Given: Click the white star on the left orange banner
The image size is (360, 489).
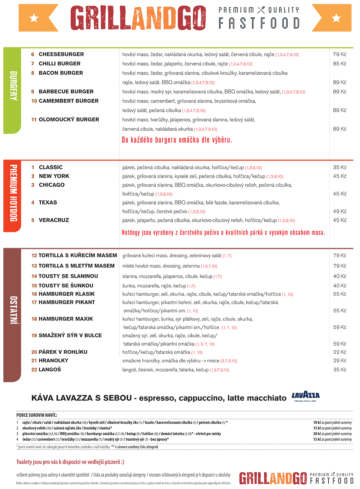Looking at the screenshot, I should [34, 18].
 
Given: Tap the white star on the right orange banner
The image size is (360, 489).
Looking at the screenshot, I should [336, 18].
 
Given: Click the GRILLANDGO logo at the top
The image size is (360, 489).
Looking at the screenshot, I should [138, 18].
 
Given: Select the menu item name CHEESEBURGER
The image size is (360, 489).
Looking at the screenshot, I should [61, 54].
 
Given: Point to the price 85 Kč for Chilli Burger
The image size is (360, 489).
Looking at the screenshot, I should [340, 64].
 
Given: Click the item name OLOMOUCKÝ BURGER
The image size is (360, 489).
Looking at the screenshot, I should [69, 120].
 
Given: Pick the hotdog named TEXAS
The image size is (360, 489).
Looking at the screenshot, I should [48, 203].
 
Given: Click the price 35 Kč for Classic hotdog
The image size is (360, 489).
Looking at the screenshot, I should [340, 168].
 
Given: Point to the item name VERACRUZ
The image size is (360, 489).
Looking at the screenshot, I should [54, 220].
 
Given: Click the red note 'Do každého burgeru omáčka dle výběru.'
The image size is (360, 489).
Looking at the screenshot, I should [177, 140].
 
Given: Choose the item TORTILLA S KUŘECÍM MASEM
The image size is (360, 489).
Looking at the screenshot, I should [78, 255].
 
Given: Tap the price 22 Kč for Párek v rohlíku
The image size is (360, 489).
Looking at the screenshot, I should [340, 352].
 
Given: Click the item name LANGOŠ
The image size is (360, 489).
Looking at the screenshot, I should [50, 370].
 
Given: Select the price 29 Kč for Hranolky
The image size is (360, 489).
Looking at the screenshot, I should [340, 361].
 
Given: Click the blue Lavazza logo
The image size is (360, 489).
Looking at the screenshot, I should [306, 396].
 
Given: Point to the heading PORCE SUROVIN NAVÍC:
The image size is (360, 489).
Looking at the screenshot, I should [37, 415].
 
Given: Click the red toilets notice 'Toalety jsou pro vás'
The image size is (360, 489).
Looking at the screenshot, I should [70, 462].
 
